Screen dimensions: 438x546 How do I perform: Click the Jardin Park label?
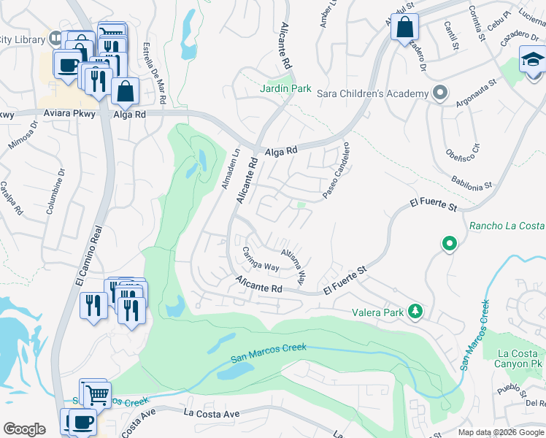pyautogui.click(x=286, y=88)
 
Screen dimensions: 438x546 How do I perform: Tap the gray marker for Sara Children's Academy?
pyautogui.click(x=439, y=93)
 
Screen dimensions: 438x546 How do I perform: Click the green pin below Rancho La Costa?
pyautogui.click(x=450, y=244)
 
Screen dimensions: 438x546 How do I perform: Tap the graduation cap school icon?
pyautogui.click(x=533, y=59)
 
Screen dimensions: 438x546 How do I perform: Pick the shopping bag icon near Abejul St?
pyautogui.click(x=403, y=29)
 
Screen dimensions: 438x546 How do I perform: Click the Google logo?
pyautogui.click(x=24, y=429)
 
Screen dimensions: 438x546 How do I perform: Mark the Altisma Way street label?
pyautogui.click(x=293, y=263)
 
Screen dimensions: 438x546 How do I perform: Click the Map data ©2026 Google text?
pyautogui.click(x=501, y=432)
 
